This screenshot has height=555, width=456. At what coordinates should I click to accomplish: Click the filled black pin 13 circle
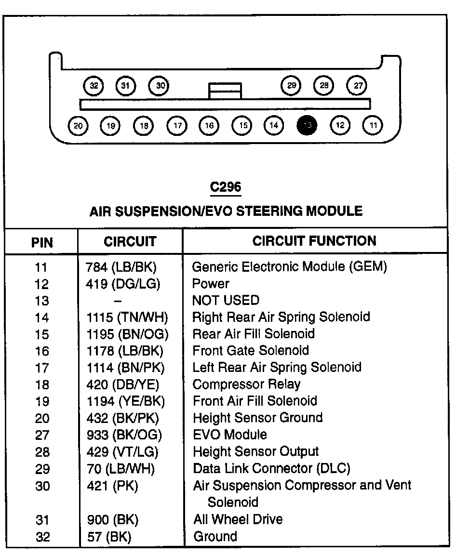[x=308, y=126]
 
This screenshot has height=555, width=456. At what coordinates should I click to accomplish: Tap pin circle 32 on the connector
[x=94, y=86]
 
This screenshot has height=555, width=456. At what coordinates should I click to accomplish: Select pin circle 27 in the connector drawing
[x=358, y=86]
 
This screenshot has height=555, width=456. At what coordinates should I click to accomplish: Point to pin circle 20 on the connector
[x=78, y=126]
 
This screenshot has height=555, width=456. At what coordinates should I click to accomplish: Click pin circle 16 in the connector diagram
[x=209, y=126]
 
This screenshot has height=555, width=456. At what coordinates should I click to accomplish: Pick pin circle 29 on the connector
[x=291, y=86]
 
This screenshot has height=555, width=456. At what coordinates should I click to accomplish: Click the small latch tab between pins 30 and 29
[x=225, y=91]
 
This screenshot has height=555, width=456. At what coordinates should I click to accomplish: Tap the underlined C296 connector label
[x=226, y=187]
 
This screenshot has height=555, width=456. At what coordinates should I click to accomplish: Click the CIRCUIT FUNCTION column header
[x=314, y=241]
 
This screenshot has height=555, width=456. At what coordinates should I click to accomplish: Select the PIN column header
[x=42, y=242]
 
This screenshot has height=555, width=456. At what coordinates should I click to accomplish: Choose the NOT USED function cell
[x=226, y=300]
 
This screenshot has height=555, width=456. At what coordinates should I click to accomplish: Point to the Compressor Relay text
[x=246, y=384]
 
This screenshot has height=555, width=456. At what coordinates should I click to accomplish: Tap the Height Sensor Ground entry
[x=257, y=418]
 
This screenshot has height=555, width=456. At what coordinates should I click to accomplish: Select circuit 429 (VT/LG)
[x=123, y=451]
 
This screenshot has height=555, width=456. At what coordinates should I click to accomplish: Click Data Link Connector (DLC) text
[x=271, y=468]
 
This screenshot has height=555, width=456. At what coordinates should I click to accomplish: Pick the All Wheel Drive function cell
[x=238, y=519]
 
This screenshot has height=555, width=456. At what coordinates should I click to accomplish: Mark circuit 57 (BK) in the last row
[x=109, y=536]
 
